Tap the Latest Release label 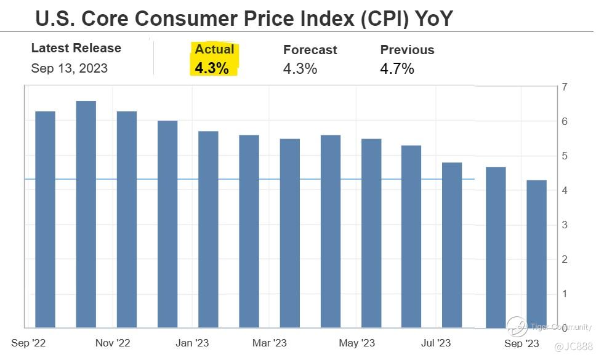point(76,48)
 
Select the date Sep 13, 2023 point(69,68)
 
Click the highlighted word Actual point(214,49)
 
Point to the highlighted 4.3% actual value point(212,68)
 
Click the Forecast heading point(310,50)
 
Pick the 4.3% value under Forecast point(300,69)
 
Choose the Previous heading point(407,50)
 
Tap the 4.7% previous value point(397,69)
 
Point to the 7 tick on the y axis point(565,87)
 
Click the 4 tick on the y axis point(565,191)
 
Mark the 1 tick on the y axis point(565,294)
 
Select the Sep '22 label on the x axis point(28,343)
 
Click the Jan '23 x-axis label point(193,343)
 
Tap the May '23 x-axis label point(357,343)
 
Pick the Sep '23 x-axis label point(521,343)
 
